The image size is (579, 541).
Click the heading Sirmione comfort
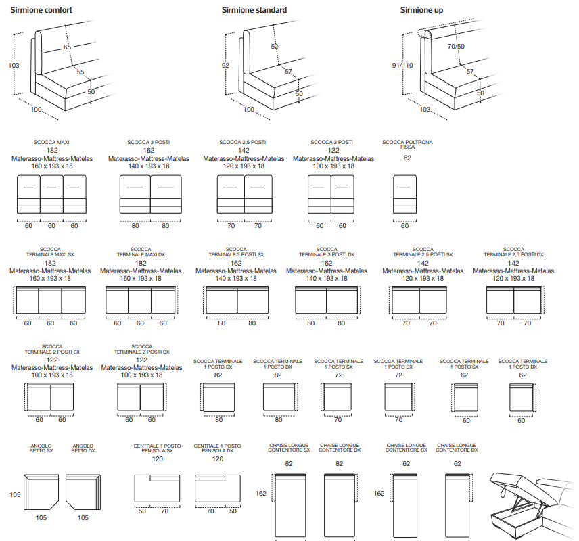[x=41, y=10]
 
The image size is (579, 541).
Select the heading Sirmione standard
[x=254, y=10]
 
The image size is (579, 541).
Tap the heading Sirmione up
[x=421, y=10]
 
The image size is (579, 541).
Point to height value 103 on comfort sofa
[x=14, y=66]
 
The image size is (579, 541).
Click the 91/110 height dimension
[x=402, y=66]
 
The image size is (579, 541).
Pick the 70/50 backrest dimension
[x=457, y=47]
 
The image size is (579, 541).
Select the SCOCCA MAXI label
[x=51, y=143]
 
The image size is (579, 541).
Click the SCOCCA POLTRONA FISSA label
[x=407, y=144]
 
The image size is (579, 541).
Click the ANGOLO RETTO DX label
[x=83, y=448]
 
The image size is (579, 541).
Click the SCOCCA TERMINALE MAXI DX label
[x=141, y=252]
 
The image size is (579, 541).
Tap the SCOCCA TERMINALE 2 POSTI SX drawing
[x=50, y=397]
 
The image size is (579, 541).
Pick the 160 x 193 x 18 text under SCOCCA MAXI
[x=51, y=166]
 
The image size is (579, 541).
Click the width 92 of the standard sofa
[x=225, y=66]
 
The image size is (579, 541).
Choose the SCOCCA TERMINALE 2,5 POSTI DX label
[x=513, y=252]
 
